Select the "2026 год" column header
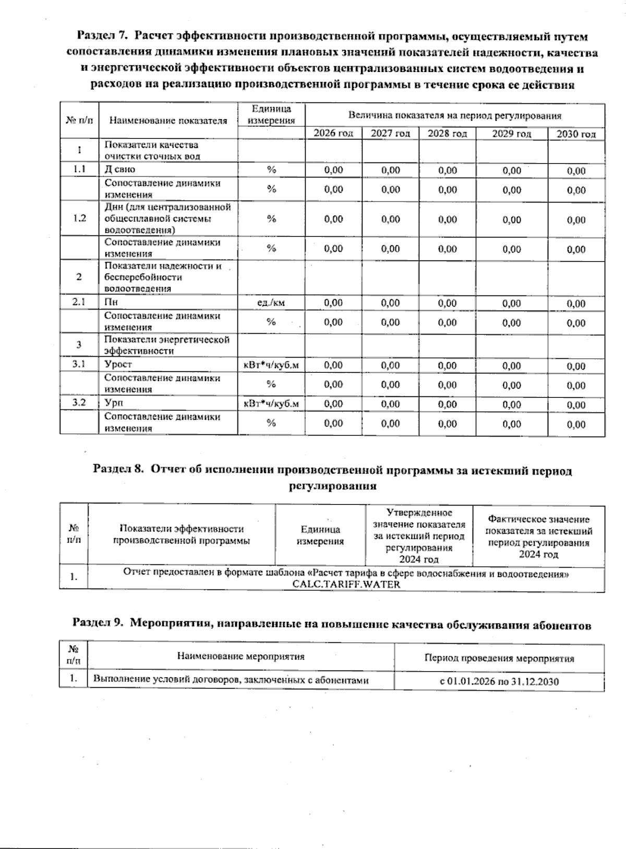coord(333,133)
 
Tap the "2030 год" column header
coord(576,134)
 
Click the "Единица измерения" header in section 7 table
coord(271,115)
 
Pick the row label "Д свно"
coord(120,169)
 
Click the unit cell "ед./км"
coord(271,302)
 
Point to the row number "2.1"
coord(79,302)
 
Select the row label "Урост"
coord(118,364)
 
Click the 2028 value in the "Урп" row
coord(448,404)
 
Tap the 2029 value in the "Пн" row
coord(512,303)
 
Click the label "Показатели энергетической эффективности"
coord(167,345)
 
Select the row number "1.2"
coord(79,218)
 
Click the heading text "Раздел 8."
coord(118,470)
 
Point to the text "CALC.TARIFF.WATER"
coord(346,584)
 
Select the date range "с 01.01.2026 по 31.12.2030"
coord(499,682)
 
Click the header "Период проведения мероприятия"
coord(499,658)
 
